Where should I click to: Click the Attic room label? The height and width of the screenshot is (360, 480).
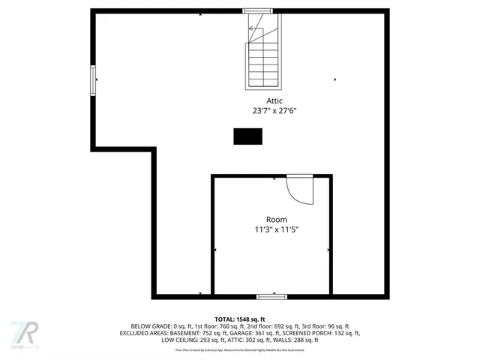(274, 100)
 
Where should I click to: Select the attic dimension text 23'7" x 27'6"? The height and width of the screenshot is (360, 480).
(274, 110)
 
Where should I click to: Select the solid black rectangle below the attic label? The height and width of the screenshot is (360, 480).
(247, 136)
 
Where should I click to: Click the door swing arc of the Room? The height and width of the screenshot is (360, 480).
(301, 190)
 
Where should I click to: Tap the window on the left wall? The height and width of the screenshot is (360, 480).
(94, 79)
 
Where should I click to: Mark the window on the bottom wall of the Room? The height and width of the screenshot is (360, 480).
(271, 296)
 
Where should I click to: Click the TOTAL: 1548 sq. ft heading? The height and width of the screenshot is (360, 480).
(241, 319)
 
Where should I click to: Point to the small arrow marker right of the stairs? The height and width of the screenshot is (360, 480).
(334, 79)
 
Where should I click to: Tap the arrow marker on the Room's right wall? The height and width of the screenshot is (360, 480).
(328, 250)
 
